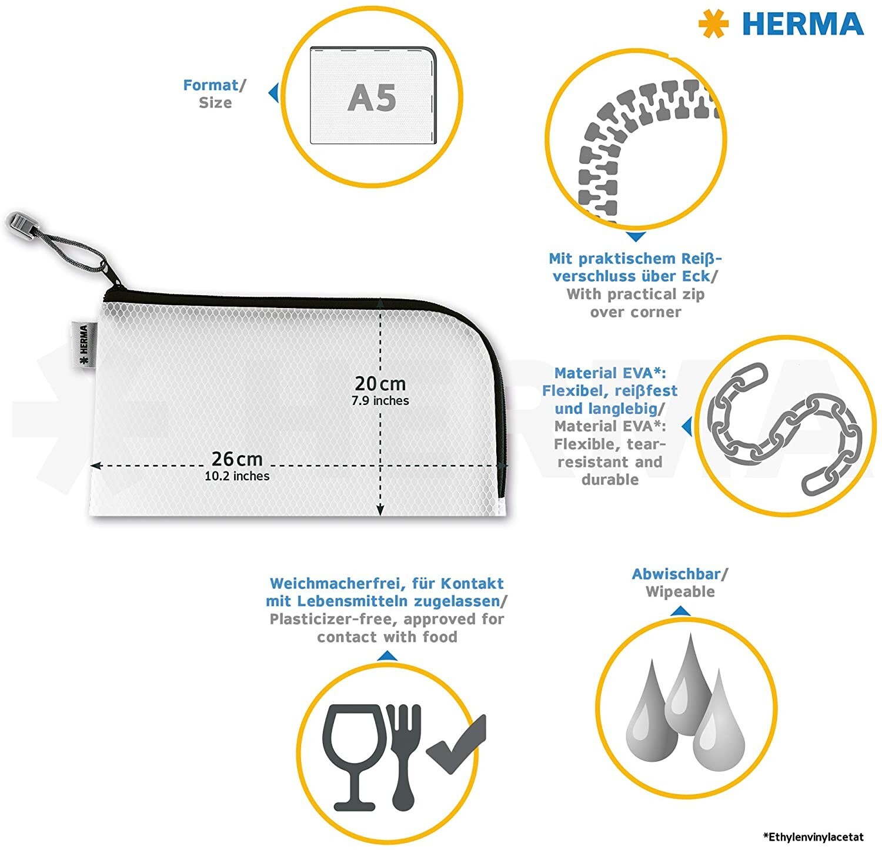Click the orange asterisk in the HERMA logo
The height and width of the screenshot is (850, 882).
point(713,24)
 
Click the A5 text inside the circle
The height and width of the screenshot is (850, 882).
point(372,98)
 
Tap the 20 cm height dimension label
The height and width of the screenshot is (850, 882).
point(380,383)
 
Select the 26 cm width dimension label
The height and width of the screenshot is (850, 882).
point(237,459)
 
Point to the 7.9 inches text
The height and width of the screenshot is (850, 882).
point(380,401)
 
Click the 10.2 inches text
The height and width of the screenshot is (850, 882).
point(237,476)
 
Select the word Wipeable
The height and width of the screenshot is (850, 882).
point(680,592)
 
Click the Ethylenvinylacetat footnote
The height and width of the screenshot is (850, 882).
point(814,836)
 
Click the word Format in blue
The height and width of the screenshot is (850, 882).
point(211,85)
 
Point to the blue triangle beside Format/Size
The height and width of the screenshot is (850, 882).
point(273,93)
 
